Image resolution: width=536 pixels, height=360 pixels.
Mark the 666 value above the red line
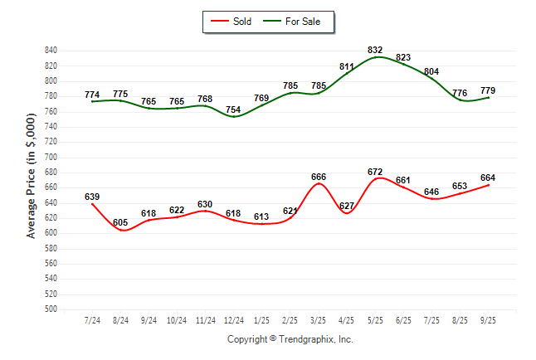click(319, 177)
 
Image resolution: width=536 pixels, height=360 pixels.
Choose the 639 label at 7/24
click(92, 197)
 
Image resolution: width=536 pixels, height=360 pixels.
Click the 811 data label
click(348, 66)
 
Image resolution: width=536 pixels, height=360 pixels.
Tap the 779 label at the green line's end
click(489, 90)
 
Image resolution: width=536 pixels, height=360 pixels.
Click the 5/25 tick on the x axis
click(375, 320)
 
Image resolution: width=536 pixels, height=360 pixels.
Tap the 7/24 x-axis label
click(92, 320)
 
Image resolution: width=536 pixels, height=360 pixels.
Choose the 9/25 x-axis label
click(489, 320)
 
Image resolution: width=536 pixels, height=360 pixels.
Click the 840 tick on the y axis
click(51, 51)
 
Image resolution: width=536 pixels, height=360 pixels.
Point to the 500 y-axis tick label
click(51, 309)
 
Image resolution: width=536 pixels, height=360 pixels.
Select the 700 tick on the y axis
click(51, 157)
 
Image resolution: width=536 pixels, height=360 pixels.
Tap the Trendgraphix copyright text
click(290, 339)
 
